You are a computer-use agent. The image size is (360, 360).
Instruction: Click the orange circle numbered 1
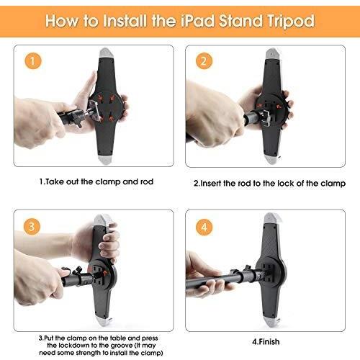32,61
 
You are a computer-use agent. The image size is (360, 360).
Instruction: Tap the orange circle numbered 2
204,61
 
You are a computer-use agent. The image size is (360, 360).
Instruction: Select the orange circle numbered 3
32,227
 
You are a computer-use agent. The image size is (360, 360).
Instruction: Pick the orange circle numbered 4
204,227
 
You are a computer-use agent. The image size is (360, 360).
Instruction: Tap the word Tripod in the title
290,22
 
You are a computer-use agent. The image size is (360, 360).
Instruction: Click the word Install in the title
125,21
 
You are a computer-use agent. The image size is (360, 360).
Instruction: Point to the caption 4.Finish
266,341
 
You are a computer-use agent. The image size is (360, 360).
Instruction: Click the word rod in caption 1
147,181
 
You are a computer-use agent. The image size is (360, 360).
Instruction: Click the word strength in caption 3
89,353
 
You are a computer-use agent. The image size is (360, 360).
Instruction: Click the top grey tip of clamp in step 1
105,53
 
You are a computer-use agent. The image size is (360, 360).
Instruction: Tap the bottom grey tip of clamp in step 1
104,159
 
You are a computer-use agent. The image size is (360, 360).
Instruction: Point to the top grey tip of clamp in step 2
271,53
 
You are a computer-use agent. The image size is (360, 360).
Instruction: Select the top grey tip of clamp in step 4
271,217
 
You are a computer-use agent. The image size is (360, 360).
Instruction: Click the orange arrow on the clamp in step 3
105,273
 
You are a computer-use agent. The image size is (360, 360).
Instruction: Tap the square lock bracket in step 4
267,273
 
